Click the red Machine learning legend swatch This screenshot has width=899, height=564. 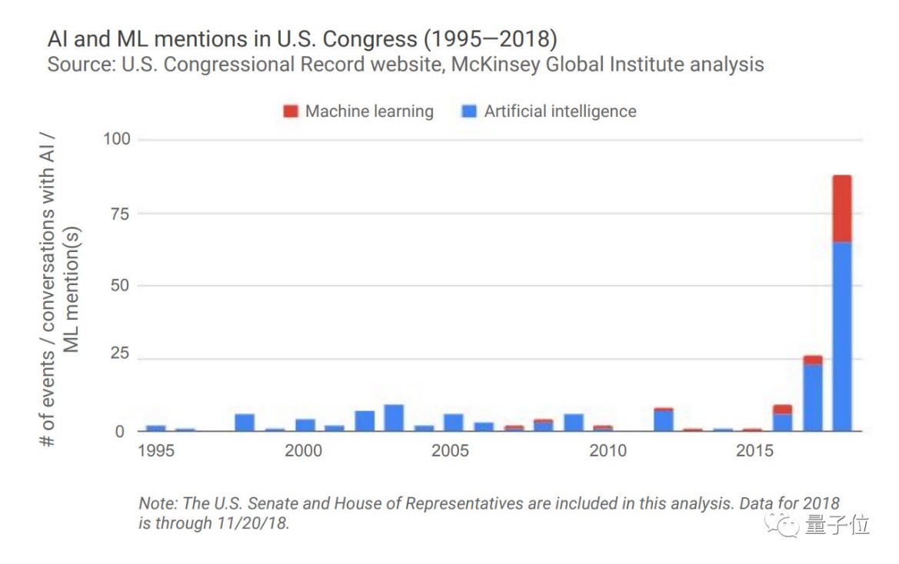pyautogui.click(x=291, y=111)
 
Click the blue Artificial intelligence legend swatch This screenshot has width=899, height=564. pyautogui.click(x=469, y=111)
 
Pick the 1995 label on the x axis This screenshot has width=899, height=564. pyautogui.click(x=156, y=450)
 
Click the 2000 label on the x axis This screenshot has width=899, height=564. pyautogui.click(x=304, y=450)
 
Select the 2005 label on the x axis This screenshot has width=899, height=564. pyautogui.click(x=451, y=450)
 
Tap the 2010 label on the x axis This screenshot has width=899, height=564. pyautogui.click(x=608, y=450)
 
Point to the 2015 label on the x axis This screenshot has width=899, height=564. pyautogui.click(x=755, y=450)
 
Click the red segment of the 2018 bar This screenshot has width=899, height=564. pyautogui.click(x=842, y=209)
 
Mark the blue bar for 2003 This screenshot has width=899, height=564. pyautogui.click(x=394, y=418)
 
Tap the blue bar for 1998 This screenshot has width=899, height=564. pyautogui.click(x=245, y=423)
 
